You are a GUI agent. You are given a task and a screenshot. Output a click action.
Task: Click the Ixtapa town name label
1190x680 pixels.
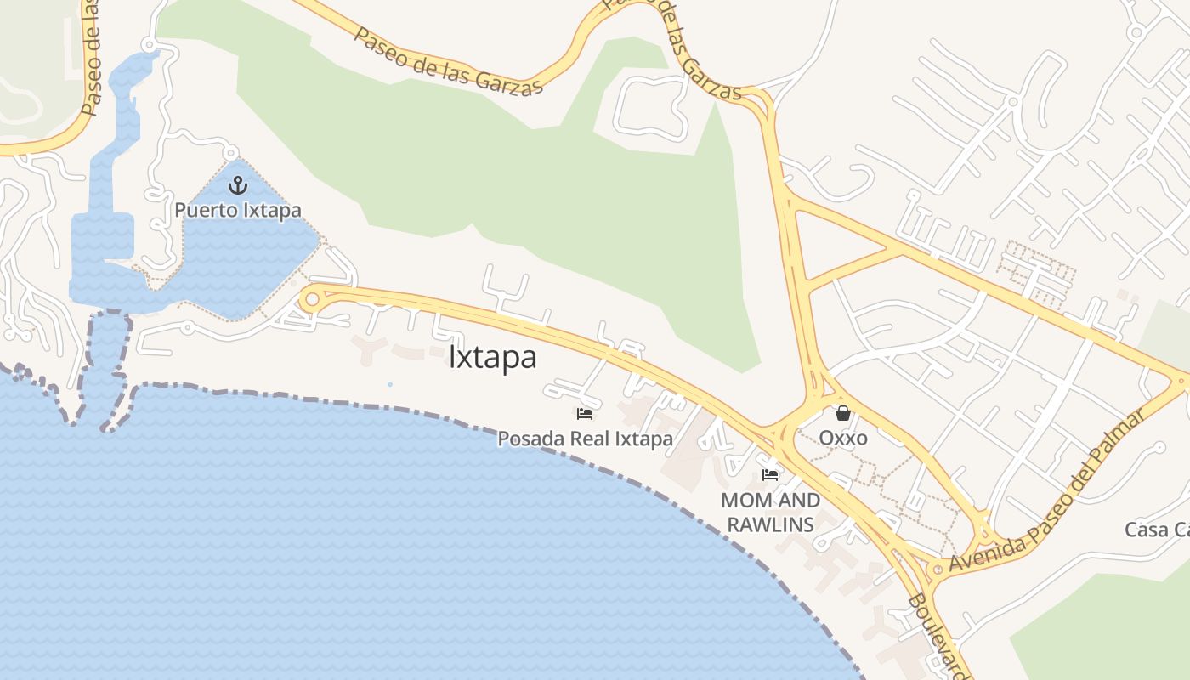[493, 358]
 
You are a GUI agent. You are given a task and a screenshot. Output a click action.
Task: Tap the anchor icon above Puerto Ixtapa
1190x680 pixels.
[238, 184]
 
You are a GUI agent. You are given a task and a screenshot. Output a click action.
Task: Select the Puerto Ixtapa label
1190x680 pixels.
[238, 209]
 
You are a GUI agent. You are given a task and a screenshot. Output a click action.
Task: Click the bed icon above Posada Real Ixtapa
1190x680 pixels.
[585, 414]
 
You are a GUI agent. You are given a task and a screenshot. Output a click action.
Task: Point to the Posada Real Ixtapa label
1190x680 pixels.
[585, 439]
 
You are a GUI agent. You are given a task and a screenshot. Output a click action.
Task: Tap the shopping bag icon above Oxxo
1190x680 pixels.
[843, 413]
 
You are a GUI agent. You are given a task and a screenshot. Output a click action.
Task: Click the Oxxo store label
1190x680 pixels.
[843, 438]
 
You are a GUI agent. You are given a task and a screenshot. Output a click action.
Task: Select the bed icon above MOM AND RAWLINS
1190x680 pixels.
[770, 474]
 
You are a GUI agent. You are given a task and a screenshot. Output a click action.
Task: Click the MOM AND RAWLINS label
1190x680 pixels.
[770, 512]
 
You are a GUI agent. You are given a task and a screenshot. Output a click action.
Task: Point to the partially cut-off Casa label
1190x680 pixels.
[1157, 530]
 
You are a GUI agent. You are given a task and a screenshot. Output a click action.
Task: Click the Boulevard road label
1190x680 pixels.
[938, 633]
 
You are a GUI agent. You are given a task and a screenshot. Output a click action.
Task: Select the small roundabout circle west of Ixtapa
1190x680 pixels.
[312, 299]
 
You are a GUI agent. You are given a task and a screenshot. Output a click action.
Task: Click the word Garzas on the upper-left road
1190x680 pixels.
[507, 77]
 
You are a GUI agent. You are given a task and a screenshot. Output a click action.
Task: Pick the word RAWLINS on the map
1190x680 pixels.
[770, 524]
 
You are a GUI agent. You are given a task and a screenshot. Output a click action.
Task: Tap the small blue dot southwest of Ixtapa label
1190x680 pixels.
[390, 385]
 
